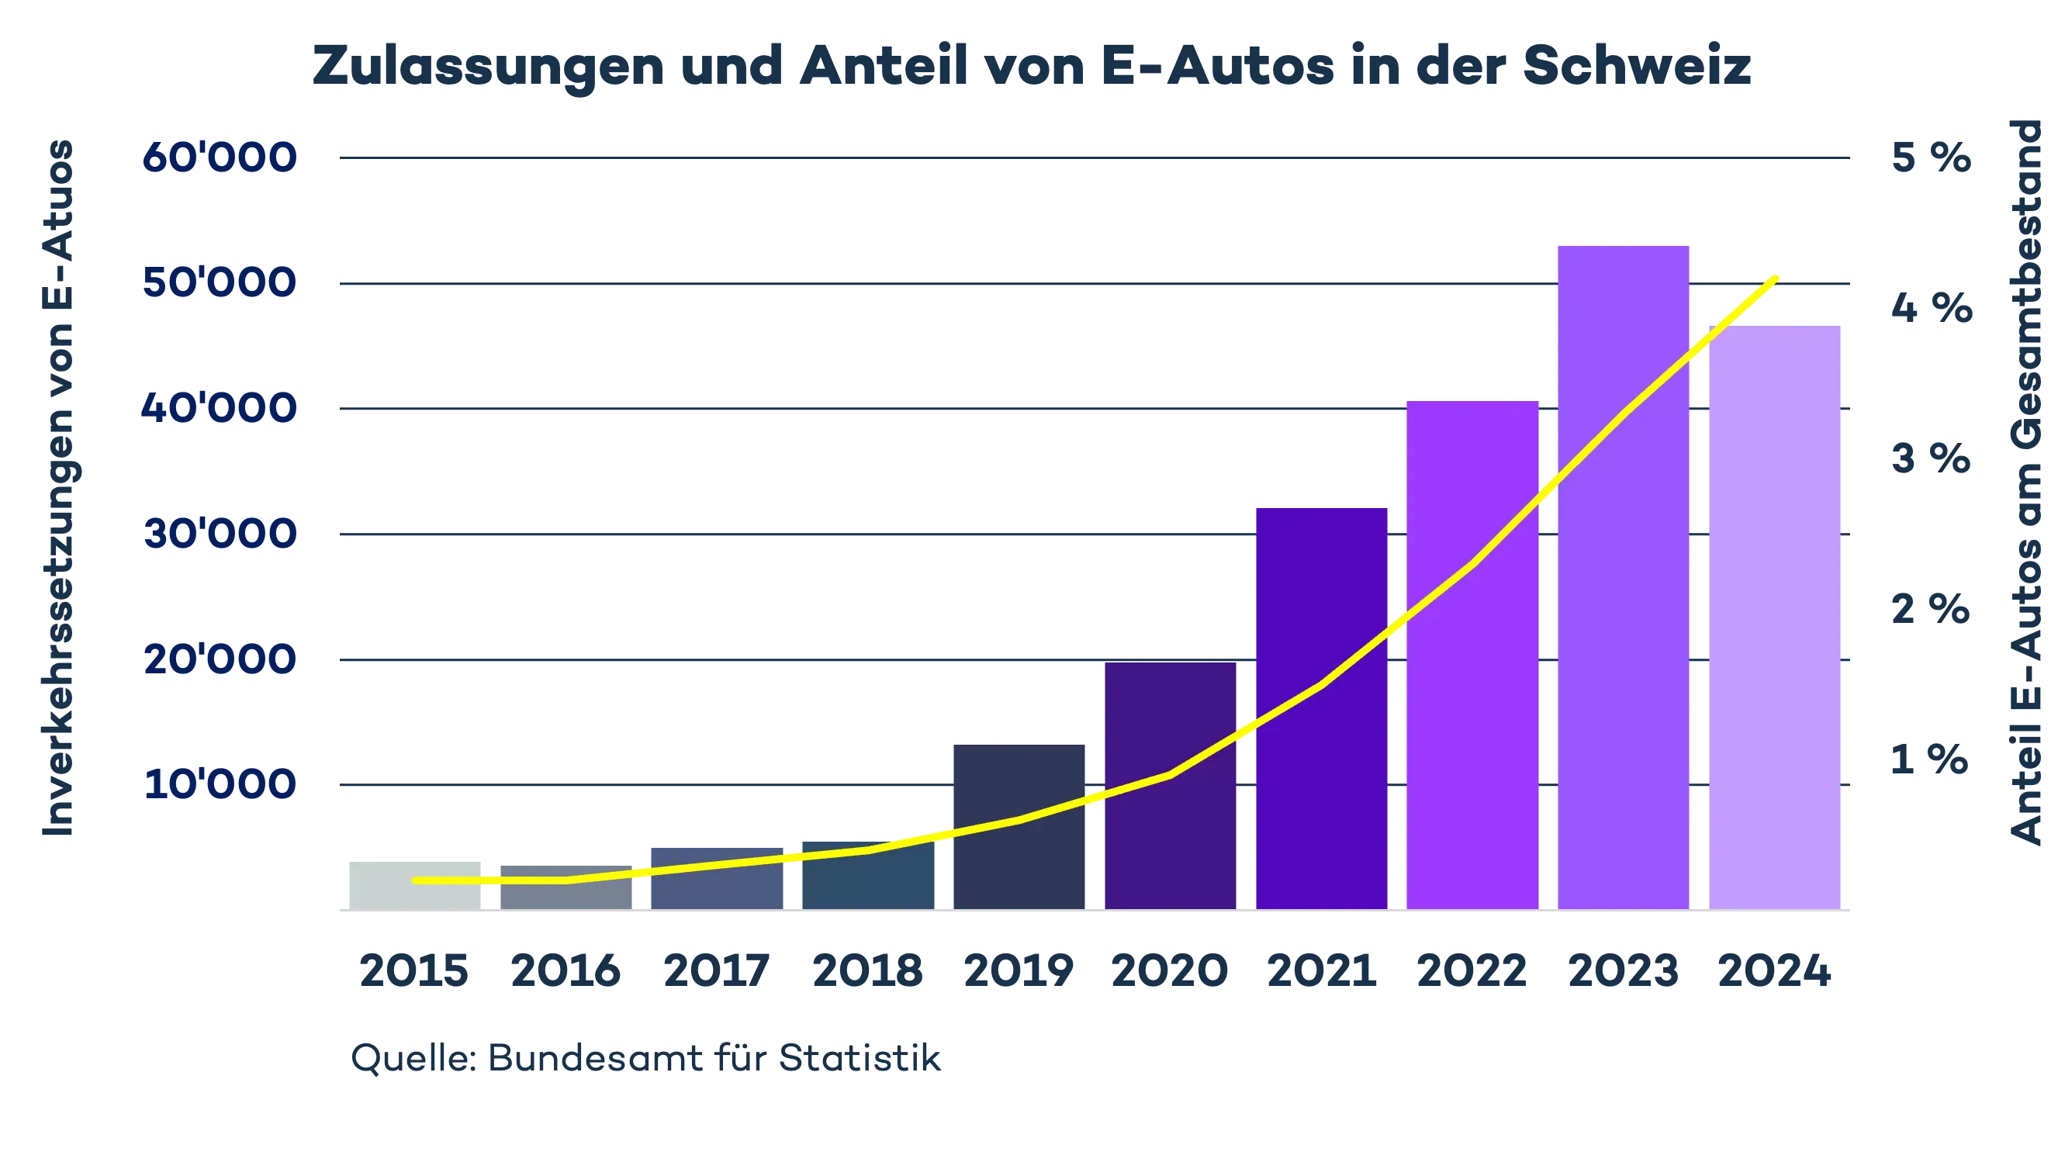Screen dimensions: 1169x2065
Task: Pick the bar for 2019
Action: click(x=1017, y=826)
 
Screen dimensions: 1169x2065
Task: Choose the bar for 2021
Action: click(x=1322, y=707)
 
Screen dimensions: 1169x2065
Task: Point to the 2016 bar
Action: click(x=566, y=887)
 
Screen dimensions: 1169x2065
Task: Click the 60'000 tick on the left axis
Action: click(x=220, y=159)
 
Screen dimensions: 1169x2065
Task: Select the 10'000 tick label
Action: click(x=220, y=784)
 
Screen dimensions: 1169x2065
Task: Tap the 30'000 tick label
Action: click(x=220, y=534)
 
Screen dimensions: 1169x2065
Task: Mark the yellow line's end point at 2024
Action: click(x=1777, y=278)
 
